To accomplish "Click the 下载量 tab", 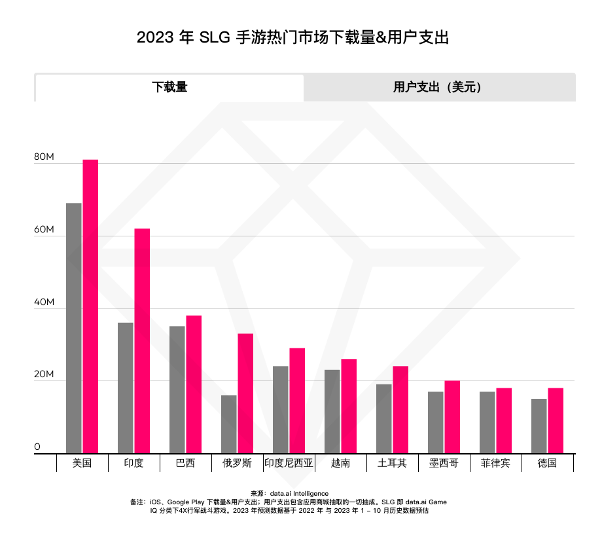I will (x=169, y=87).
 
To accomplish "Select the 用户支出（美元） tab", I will (x=439, y=87).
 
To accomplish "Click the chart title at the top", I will (x=292, y=37).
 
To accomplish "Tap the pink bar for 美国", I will (x=90, y=306).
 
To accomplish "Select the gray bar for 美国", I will (x=74, y=327).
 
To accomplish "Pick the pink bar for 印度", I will (x=142, y=341).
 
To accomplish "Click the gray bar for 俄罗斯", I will (x=229, y=424).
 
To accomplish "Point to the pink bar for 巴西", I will (x=194, y=384).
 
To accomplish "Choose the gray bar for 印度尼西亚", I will (x=281, y=409).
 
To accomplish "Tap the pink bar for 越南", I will (x=349, y=405).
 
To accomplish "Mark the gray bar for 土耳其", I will (x=384, y=418).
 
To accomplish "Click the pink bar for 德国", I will (x=556, y=420).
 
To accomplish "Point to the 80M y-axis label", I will (x=44, y=158).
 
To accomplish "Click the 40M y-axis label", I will (x=44, y=303).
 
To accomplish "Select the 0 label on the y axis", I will (x=37, y=447).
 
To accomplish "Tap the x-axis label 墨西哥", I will (x=444, y=464).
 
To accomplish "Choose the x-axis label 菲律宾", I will (x=495, y=464).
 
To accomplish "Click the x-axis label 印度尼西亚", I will (x=289, y=464).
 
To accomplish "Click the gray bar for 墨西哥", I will (x=436, y=422).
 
